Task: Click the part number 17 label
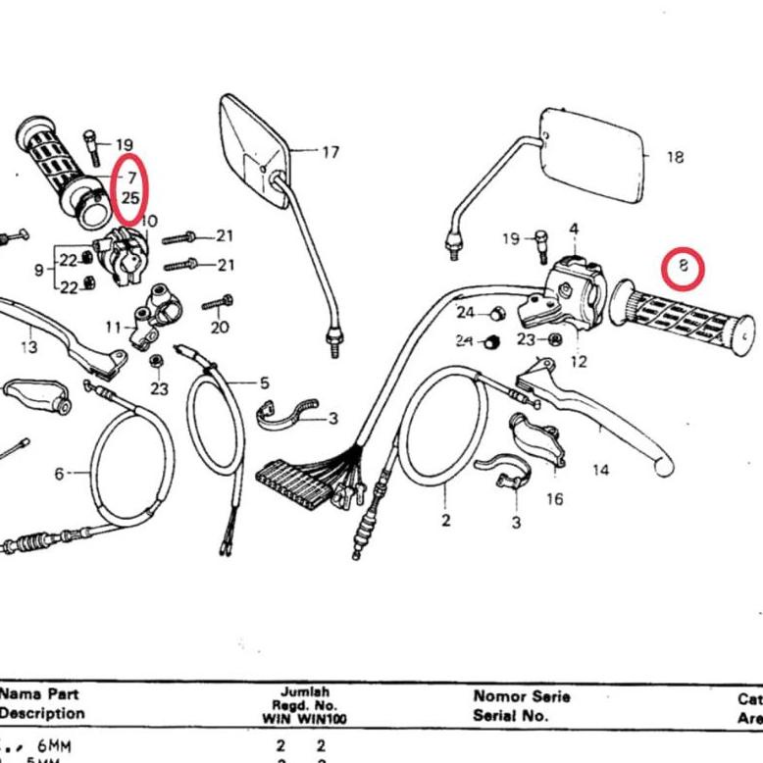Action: [x=331, y=152]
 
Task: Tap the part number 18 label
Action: [x=675, y=157]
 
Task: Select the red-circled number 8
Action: [x=684, y=266]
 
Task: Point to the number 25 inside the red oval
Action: [x=131, y=197]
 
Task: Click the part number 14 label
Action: [x=601, y=470]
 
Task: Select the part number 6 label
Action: [x=59, y=474]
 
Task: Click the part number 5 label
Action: [x=264, y=382]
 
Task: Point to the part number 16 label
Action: [x=555, y=499]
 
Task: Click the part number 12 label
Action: [x=578, y=362]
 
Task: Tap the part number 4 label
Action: [x=574, y=229]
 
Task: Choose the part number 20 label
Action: [x=219, y=327]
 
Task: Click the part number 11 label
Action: [x=114, y=327]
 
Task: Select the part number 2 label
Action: [x=446, y=520]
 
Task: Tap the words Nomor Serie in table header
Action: [x=521, y=696]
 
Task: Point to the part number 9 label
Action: [x=38, y=269]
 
